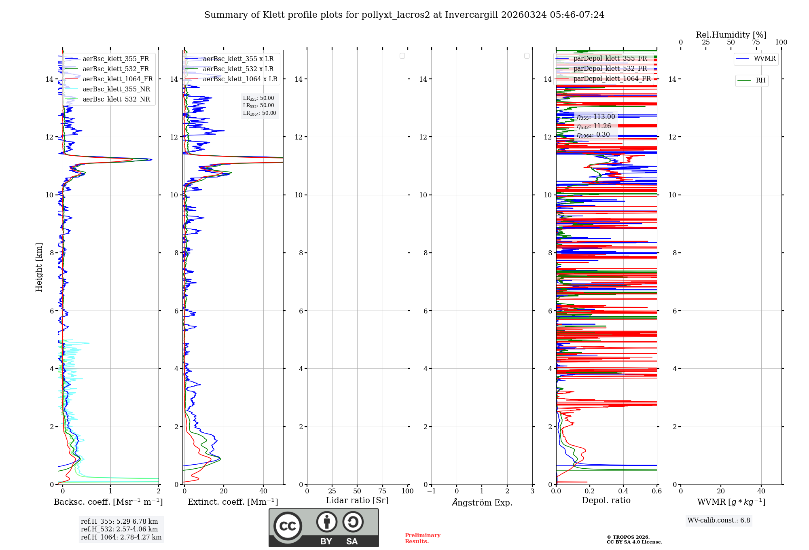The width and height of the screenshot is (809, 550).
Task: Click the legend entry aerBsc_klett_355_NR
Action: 116,89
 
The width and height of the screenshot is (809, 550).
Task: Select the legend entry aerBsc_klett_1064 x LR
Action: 240,79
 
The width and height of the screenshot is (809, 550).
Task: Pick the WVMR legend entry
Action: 764,59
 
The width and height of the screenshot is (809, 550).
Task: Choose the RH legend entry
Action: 760,80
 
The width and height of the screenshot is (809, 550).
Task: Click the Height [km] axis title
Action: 39,267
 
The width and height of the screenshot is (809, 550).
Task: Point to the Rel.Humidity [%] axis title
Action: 731,35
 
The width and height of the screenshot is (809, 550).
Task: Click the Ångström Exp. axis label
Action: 482,503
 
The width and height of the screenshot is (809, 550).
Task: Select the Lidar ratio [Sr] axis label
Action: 357,501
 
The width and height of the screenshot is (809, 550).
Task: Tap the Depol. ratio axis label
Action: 606,501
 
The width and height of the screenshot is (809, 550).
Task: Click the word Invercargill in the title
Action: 472,15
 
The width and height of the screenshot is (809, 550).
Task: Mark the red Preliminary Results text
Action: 422,538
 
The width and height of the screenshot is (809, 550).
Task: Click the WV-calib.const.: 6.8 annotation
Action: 719,520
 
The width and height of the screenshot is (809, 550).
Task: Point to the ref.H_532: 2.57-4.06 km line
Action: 119,529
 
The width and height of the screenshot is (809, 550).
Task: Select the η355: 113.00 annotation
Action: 596,117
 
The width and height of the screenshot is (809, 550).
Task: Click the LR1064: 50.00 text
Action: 260,113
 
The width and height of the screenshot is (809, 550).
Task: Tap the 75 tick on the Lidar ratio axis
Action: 382,491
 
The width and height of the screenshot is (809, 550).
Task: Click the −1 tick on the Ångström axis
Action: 432,491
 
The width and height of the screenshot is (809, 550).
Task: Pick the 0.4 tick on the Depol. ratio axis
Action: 623,491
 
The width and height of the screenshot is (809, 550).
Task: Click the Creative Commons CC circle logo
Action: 288,526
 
